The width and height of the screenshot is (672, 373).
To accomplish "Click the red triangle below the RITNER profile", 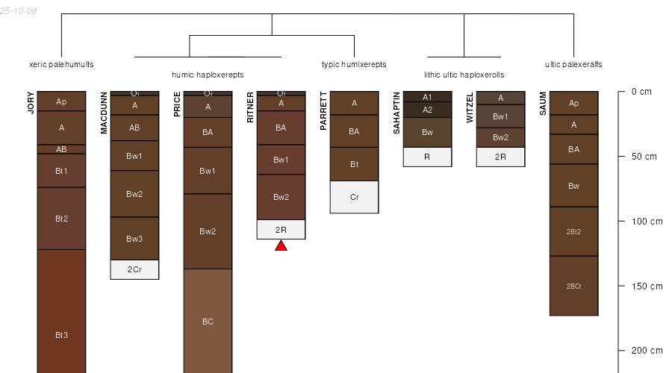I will [x=281, y=245].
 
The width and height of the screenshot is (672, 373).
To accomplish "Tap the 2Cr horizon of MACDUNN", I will [x=134, y=269].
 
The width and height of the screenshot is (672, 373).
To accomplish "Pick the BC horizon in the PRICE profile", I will [x=208, y=322].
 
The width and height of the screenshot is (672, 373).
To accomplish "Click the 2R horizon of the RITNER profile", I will [x=281, y=230].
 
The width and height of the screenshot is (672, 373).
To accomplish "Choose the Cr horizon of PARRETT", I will [x=354, y=197].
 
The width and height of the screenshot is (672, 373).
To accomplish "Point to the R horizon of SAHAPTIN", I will [x=427, y=157].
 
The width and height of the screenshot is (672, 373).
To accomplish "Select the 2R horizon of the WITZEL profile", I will [x=500, y=157].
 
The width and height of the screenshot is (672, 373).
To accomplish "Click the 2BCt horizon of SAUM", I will [x=573, y=286].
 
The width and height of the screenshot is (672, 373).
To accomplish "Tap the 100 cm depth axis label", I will [x=647, y=222].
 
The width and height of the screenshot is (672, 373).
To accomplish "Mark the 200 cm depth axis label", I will [x=647, y=351].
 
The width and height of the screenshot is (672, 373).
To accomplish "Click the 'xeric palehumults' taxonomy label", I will [x=61, y=65].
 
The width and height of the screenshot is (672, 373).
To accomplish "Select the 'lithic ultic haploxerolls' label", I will [x=464, y=75].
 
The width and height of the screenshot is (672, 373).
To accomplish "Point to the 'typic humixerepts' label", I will [x=354, y=65].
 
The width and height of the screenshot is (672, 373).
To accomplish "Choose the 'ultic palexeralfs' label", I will [x=573, y=65].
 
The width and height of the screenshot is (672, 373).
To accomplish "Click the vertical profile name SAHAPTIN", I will [x=396, y=113].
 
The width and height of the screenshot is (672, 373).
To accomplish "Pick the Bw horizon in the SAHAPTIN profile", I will [x=427, y=132].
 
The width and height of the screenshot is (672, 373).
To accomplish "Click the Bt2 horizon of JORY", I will [x=61, y=219].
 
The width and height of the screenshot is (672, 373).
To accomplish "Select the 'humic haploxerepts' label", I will [x=208, y=75].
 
